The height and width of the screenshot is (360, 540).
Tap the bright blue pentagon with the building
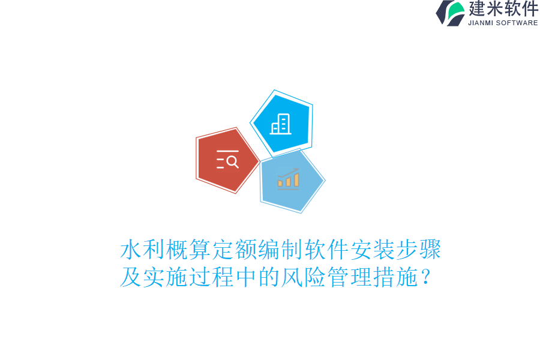(x=281, y=123)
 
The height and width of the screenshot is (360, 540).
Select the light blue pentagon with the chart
(x=292, y=181)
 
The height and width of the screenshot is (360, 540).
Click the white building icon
(x=280, y=124)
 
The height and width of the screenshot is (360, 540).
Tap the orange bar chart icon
(x=288, y=179)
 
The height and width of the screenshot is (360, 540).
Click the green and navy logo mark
(x=451, y=13)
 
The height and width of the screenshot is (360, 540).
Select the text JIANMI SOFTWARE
(x=503, y=23)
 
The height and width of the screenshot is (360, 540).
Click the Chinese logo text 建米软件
(x=503, y=9)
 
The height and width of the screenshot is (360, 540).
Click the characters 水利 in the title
(x=143, y=250)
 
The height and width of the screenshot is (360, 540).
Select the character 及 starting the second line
(x=131, y=277)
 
